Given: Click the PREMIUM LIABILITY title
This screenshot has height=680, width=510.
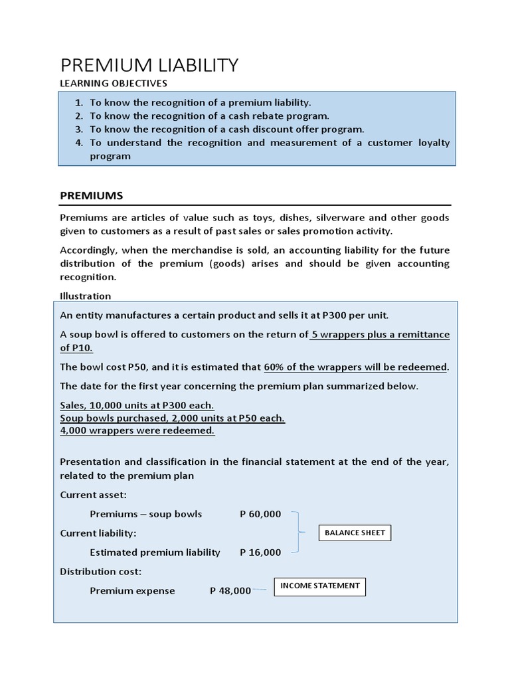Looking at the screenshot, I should click(149, 65).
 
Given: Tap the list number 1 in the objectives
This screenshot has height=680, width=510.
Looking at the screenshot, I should click(78, 102).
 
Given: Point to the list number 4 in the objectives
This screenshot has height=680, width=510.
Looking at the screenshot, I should click(78, 143).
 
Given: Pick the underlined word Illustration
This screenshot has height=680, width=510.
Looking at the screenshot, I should click(86, 296).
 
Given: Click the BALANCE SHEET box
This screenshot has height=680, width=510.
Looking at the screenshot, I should click(355, 533).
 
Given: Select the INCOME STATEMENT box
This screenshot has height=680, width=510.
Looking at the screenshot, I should click(320, 586).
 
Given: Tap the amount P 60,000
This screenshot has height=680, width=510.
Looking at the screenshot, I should click(260, 514).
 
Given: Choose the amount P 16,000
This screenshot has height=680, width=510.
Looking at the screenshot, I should click(260, 552).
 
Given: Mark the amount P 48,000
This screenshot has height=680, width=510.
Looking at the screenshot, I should click(230, 590).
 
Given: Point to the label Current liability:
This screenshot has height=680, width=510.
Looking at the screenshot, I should click(98, 533).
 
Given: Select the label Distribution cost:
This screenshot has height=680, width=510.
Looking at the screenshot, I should click(101, 571).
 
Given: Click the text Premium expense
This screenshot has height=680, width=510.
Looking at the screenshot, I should click(132, 590).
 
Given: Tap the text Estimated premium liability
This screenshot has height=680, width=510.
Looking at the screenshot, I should click(155, 552).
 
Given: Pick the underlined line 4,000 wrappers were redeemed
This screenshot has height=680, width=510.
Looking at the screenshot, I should click(137, 430).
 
